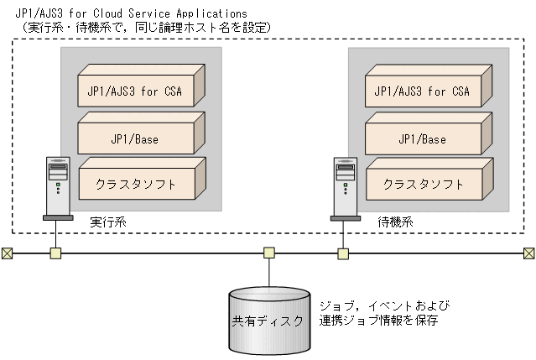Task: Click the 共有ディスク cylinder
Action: coord(268,321)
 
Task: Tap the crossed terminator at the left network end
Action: coord(7,253)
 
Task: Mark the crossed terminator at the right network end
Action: coord(529,253)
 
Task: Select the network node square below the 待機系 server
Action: coord(344,253)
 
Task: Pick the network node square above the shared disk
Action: coord(268,253)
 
